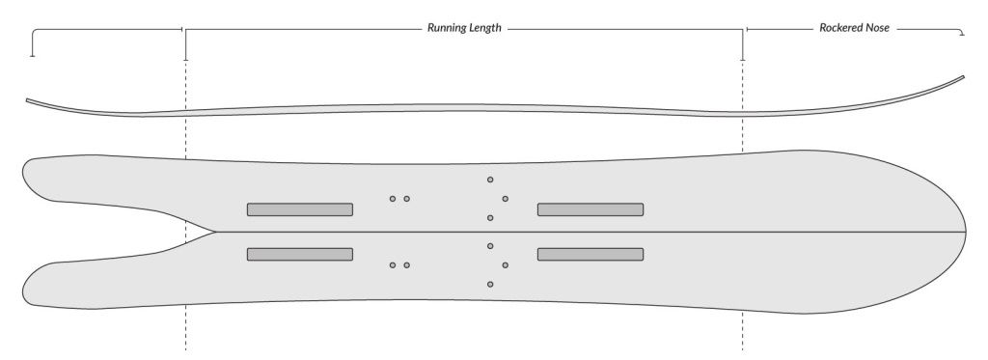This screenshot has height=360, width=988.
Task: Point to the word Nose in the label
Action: [x=879, y=29]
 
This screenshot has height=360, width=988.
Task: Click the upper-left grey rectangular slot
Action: [x=299, y=209]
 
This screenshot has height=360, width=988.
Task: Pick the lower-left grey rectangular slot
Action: [x=299, y=254]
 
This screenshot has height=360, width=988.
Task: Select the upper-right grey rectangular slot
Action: [x=590, y=209]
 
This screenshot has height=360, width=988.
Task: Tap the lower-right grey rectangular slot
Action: [x=590, y=254]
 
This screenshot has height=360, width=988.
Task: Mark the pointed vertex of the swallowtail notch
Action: [x=214, y=233]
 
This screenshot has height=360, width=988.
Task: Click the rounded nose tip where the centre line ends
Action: [x=966, y=233]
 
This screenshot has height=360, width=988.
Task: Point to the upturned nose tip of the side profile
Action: [x=963, y=77]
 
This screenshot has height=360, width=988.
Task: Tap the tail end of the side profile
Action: [x=28, y=99]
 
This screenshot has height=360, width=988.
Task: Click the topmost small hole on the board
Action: [x=490, y=180]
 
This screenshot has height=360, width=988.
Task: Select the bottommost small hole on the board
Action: [x=490, y=284]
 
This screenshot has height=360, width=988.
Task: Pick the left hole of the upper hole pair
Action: [x=393, y=199]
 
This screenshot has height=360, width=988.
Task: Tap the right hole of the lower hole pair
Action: [x=407, y=264]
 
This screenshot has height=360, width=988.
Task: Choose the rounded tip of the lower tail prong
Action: [x=25, y=287]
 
